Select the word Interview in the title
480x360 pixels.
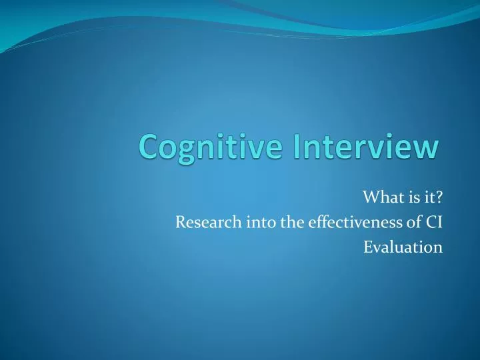(361, 147)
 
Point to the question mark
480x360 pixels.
(439, 198)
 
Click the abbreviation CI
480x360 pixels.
(435, 223)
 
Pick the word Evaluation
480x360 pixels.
(403, 247)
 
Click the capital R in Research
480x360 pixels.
(180, 223)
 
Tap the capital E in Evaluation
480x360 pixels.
(367, 247)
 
